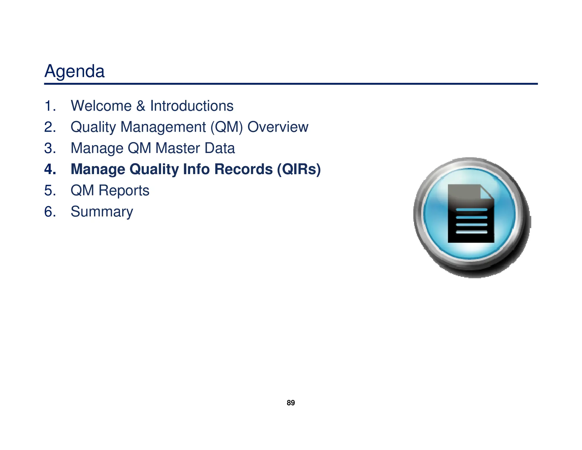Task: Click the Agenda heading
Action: tap(74, 71)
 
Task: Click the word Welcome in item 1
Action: tap(101, 106)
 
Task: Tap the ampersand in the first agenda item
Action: tap(141, 106)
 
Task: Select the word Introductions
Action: tap(192, 106)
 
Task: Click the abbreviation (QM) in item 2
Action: tap(227, 127)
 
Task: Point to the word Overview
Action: tap(278, 127)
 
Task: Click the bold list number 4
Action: tap(50, 169)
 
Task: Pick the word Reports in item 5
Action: tap(124, 190)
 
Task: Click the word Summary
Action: tap(102, 212)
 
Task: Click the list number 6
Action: tap(50, 212)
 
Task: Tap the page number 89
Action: tap(291, 403)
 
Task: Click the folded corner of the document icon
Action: tap(486, 193)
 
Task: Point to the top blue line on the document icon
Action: tap(471, 210)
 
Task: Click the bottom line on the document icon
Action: tap(471, 232)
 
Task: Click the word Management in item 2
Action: tap(163, 127)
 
